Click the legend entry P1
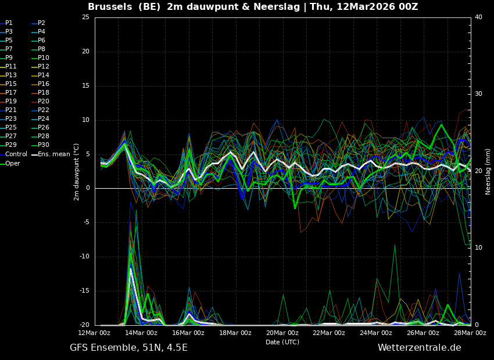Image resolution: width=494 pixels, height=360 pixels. click(x=9, y=23)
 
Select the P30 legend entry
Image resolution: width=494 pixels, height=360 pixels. click(x=44, y=145)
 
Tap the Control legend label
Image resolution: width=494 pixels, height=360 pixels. click(x=16, y=154)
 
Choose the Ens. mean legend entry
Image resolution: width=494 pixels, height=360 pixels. click(x=53, y=154)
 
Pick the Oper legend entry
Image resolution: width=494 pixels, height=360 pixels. click(x=13, y=164)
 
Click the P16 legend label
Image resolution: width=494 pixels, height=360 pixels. click(x=44, y=84)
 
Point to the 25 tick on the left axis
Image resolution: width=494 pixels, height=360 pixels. click(x=85, y=17)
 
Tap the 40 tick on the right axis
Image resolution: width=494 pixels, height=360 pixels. click(x=478, y=17)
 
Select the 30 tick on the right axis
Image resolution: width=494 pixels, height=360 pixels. click(x=478, y=94)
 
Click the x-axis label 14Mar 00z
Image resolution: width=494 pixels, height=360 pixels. click(x=141, y=333)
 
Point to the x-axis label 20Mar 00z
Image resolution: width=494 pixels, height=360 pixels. click(x=282, y=333)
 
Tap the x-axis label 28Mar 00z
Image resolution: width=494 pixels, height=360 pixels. click(x=470, y=333)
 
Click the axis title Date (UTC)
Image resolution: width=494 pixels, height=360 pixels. click(x=282, y=342)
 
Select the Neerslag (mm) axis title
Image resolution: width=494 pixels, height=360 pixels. click(x=488, y=171)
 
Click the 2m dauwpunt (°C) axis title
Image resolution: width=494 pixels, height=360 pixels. click(x=77, y=171)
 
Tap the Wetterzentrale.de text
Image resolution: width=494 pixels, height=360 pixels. click(x=419, y=348)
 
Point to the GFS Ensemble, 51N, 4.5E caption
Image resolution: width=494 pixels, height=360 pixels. click(x=128, y=348)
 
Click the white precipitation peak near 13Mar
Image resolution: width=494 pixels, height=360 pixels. click(x=131, y=269)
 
